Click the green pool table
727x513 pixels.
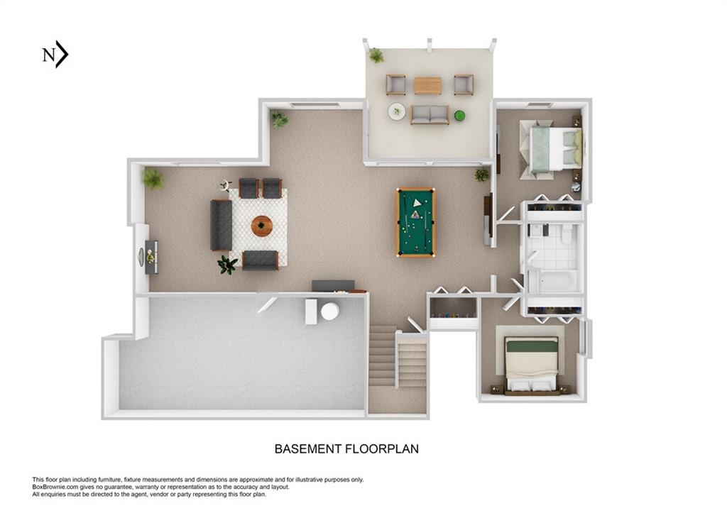415,221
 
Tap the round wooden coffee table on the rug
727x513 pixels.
262,226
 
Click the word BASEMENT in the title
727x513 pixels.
307,448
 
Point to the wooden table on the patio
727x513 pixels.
427,85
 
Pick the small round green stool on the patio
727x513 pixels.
459,115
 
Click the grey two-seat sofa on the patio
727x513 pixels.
430,114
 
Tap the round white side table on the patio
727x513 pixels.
397,111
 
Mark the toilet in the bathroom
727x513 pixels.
567,233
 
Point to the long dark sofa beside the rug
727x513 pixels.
221,225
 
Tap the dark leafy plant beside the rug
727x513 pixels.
227,265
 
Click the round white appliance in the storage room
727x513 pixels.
330,311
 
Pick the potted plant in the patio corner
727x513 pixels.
376,55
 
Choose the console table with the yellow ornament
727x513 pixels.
151,257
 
